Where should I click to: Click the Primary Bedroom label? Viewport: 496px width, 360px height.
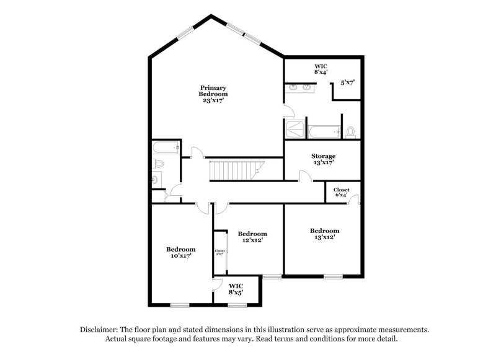point(213,90)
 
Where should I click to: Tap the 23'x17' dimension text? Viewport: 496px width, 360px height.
point(213,100)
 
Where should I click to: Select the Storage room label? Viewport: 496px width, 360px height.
point(323,156)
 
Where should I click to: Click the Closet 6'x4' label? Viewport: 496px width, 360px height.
point(341,192)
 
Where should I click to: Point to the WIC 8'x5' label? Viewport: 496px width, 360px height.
point(236,289)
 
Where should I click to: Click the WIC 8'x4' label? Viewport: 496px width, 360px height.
point(321,69)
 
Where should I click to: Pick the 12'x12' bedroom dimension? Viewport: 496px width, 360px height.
point(252,240)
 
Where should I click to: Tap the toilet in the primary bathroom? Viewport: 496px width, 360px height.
point(351,131)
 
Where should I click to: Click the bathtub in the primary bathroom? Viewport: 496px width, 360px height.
point(324,131)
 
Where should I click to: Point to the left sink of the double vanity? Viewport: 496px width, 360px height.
point(293,88)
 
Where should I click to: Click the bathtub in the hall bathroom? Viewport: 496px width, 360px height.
point(165,147)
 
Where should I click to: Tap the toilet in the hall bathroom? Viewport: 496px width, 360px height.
point(158,164)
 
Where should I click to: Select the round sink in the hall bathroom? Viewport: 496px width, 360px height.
point(156,179)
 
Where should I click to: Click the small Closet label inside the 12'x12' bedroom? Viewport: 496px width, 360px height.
point(219,252)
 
